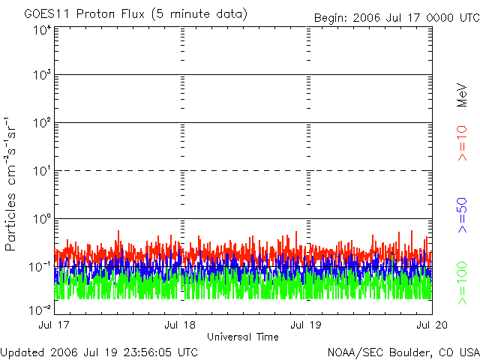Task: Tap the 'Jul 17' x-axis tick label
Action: tap(55, 325)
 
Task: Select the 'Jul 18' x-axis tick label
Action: tap(181, 325)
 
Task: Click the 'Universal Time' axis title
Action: tap(242, 336)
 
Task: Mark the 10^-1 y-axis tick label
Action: tap(40, 267)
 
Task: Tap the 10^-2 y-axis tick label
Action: tap(40, 309)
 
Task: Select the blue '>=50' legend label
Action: tap(463, 214)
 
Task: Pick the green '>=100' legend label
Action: tap(463, 283)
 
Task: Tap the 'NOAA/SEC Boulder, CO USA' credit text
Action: tap(403, 352)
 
